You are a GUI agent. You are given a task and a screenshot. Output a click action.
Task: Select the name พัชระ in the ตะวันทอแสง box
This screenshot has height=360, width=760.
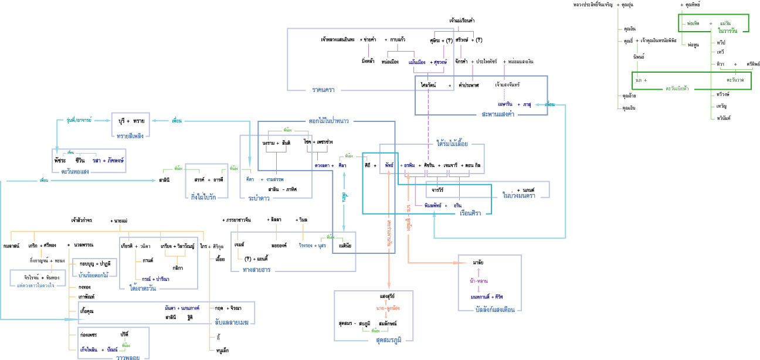click(x=59, y=160)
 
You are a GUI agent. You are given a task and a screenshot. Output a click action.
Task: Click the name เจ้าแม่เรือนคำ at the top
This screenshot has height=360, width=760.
click(x=462, y=20)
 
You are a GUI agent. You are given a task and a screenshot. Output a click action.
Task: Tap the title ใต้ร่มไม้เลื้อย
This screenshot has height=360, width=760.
click(x=452, y=142)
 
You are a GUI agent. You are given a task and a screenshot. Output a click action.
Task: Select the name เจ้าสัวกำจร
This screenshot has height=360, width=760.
click(x=82, y=220)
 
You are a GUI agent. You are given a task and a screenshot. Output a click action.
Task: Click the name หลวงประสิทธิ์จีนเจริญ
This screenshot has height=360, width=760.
click(x=592, y=5)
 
